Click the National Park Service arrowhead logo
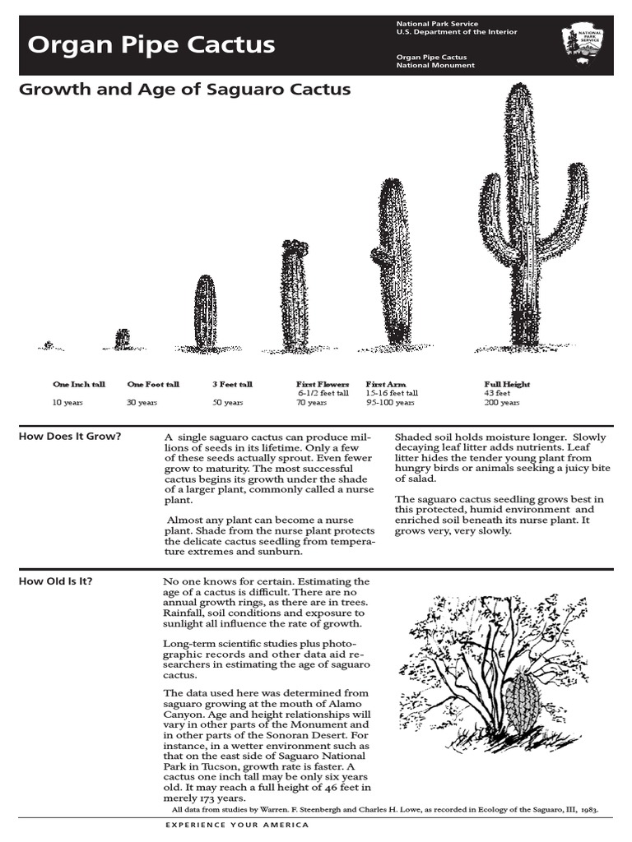tap(583, 44)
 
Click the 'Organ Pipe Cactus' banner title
tap(151, 45)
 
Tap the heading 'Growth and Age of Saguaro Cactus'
tap(185, 89)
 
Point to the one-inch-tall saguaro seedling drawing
tap(49, 345)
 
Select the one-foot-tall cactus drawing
tap(123, 339)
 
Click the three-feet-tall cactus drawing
tap(206, 312)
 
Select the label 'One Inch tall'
tap(79, 384)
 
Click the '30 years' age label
tap(142, 403)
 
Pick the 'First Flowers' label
tap(323, 384)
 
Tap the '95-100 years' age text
tap(390, 403)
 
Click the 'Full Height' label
tap(507, 384)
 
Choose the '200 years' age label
tap(502, 403)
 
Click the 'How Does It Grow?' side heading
tap(70, 436)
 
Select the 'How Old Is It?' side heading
tap(56, 582)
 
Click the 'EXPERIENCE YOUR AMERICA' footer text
tap(237, 825)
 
